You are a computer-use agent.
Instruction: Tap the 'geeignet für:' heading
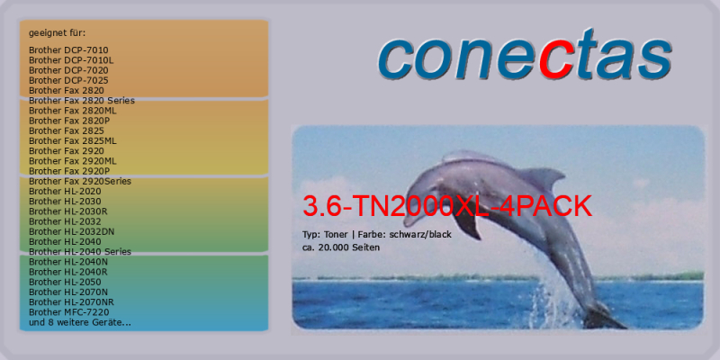tap(58, 33)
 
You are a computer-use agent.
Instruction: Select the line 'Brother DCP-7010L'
tap(72, 60)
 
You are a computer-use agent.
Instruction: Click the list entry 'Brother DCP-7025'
tap(69, 80)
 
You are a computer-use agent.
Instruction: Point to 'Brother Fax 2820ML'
tap(73, 111)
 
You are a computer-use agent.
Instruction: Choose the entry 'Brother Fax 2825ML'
tap(73, 141)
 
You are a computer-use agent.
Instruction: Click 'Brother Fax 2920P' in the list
tap(69, 171)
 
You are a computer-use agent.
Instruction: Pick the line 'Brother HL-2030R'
tap(68, 211)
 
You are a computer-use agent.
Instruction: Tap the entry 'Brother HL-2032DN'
tap(72, 232)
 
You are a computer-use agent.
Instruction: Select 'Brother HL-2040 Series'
tap(80, 252)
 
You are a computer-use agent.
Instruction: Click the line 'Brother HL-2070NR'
tap(71, 302)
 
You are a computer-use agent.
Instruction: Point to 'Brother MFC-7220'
tap(69, 312)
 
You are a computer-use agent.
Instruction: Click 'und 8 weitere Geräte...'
tap(80, 322)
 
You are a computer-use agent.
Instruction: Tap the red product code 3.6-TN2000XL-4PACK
tap(447, 206)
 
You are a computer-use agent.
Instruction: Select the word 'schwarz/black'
tap(420, 235)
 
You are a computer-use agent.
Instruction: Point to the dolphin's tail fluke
tap(601, 317)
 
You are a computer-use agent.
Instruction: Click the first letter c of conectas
tap(396, 61)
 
